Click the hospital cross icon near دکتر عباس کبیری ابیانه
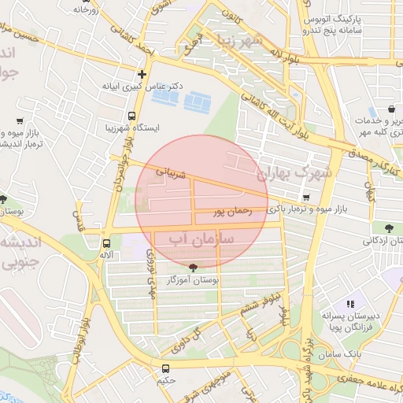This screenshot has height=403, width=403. tap(142, 74)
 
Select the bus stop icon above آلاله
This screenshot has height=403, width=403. tap(106, 243)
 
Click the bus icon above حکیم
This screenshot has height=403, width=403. tap(165, 368)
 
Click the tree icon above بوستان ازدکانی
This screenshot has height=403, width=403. tap(389, 229)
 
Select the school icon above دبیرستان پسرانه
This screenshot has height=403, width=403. tap(350, 303)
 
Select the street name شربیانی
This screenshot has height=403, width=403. tap(172, 170)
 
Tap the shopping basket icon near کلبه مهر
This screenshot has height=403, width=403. tap(391, 109)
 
